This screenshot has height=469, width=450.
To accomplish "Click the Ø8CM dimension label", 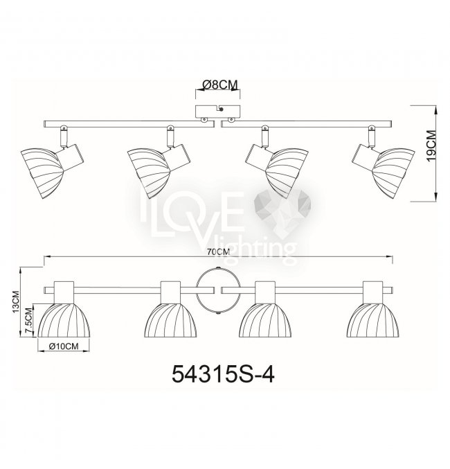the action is click(219, 85).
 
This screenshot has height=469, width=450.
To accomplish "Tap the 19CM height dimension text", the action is click(431, 145).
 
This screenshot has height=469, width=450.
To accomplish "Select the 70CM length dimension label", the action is click(219, 252).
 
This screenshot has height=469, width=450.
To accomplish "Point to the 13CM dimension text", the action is click(16, 302).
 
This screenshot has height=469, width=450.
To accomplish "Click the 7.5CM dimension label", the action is click(29, 320).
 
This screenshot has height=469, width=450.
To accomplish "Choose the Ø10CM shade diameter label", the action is click(64, 346).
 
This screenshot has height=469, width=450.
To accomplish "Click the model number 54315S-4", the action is click(223, 375).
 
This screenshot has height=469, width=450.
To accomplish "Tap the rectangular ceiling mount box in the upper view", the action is click(217, 111).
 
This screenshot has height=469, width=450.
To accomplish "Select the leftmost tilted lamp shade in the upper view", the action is click(42, 172).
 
